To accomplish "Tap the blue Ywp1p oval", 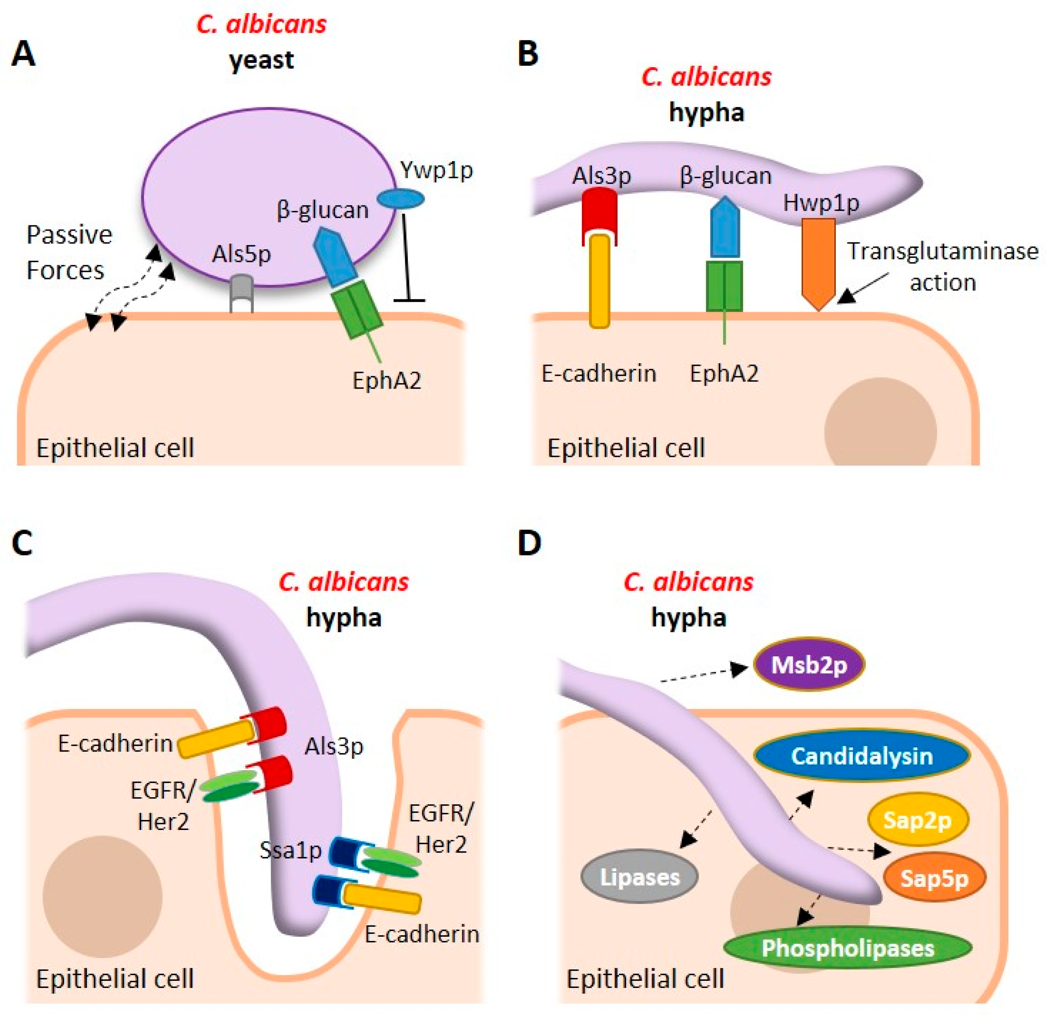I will pyautogui.click(x=401, y=199).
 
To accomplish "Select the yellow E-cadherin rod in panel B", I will pyautogui.click(x=599, y=281).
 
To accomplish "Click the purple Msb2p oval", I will pyautogui.click(x=809, y=665).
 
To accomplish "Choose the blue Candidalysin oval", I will pyautogui.click(x=862, y=756).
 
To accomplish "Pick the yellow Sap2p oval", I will pyautogui.click(x=917, y=820).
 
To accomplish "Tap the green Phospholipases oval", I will pyautogui.click(x=847, y=948).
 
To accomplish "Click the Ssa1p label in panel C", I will pyautogui.click(x=290, y=850).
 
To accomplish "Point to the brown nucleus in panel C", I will pyautogui.click(x=103, y=896).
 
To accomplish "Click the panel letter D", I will pyautogui.click(x=529, y=543).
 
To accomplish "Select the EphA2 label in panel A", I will pyautogui.click(x=387, y=381).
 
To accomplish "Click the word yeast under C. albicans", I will pyautogui.click(x=261, y=59).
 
